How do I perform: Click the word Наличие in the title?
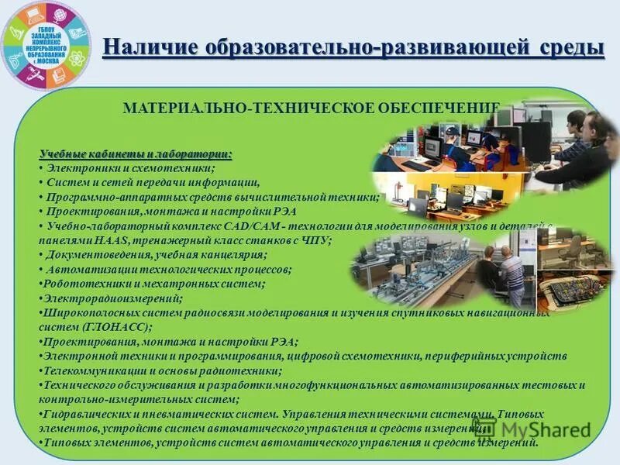point(148,47)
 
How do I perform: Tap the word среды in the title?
point(570,47)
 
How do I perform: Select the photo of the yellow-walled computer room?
point(442,198)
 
